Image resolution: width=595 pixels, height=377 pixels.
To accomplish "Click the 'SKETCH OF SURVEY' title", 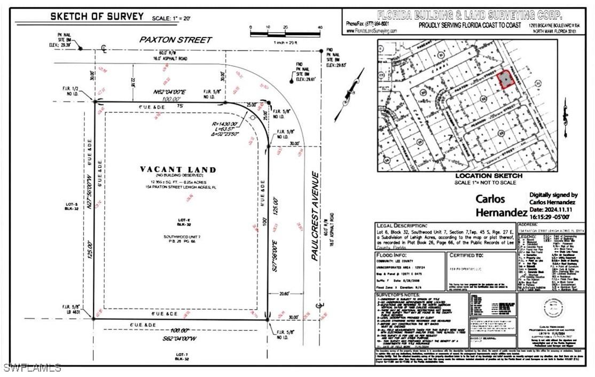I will click(97, 17).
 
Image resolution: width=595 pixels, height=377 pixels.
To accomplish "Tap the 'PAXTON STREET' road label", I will click(168, 40).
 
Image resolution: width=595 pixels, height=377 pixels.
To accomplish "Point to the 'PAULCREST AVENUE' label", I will click(316, 216).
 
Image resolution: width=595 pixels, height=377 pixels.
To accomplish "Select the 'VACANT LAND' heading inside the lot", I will click(178, 170).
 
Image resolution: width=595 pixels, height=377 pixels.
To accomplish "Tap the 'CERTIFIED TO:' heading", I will click(470, 255).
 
